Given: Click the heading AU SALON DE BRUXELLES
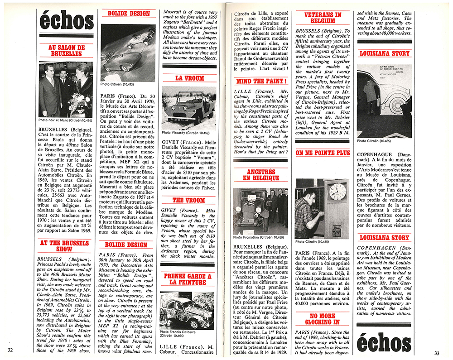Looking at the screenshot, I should [66, 49].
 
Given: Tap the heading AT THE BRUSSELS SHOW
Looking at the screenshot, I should [66, 246].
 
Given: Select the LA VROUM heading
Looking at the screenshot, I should [189, 78].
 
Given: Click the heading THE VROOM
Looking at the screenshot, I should [189, 200].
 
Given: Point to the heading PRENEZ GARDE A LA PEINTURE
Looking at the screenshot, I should [189, 278].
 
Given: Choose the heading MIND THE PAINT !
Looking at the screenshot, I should [261, 82].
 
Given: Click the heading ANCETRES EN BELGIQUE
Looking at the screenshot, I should [261, 175].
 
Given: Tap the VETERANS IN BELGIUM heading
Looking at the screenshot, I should [323, 18].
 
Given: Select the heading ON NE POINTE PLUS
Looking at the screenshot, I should [323, 153].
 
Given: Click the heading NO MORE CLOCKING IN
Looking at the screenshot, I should [323, 319].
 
